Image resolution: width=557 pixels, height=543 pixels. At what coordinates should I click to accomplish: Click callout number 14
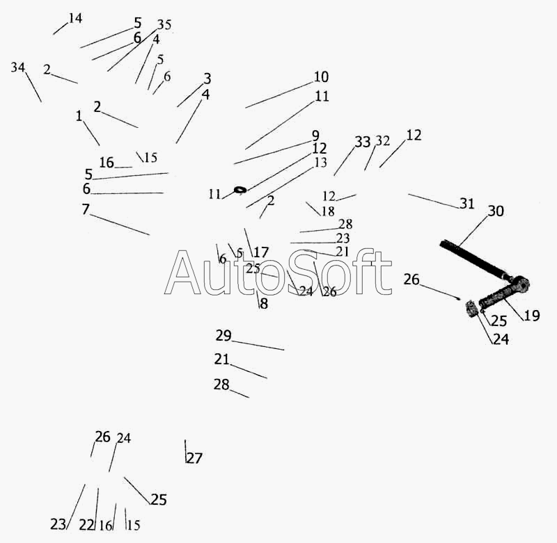[x=75, y=18]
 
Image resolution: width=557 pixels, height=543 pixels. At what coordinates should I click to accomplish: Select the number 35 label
[x=164, y=24]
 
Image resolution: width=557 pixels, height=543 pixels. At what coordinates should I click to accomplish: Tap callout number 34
[x=18, y=67]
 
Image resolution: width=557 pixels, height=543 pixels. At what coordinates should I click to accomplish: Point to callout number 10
[x=321, y=77]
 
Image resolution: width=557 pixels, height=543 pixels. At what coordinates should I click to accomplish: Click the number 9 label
[x=316, y=136]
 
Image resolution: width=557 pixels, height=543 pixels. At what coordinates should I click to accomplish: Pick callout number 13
[x=320, y=162]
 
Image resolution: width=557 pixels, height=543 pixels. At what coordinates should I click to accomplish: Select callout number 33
[x=363, y=142]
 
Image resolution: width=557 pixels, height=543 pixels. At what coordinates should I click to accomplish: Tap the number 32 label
[x=382, y=141]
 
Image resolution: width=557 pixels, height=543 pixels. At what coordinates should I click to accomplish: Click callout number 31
[x=467, y=204]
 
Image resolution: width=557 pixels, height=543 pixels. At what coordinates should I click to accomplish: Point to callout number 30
[x=496, y=211]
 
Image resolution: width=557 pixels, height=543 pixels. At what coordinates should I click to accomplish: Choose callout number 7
[x=86, y=209]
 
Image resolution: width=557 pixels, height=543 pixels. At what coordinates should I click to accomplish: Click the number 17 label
[x=260, y=252]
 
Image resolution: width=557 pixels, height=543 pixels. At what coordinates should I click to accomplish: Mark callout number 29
[x=223, y=335]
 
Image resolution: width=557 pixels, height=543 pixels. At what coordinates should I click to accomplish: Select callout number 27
[x=194, y=458]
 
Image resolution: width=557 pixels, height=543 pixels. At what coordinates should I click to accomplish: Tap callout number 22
[x=86, y=525]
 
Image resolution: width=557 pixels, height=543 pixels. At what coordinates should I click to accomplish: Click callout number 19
[x=532, y=316]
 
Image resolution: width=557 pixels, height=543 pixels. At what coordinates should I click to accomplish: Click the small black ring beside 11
[x=240, y=190]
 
